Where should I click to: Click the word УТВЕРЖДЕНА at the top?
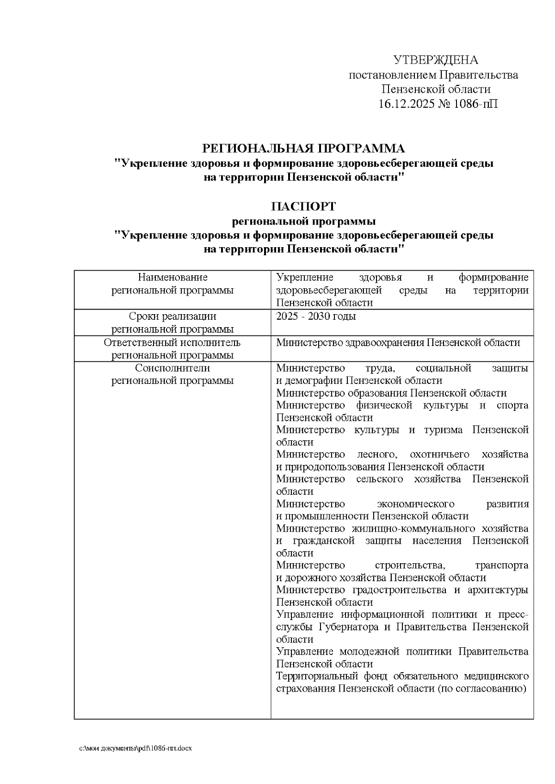[435, 61]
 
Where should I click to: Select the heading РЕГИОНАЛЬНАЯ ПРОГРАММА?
[304, 149]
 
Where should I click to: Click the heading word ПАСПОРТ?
[304, 206]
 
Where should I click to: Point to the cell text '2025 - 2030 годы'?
[316, 316]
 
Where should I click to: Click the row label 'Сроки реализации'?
[173, 316]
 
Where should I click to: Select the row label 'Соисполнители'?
[173, 368]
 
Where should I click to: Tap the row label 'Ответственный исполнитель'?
[173, 343]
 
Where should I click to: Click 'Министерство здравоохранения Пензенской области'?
[398, 343]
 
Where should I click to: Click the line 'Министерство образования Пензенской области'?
[391, 393]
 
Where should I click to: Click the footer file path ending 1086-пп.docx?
[135, 748]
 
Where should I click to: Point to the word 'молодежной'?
[369, 652]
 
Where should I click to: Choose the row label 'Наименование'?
[173, 278]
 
